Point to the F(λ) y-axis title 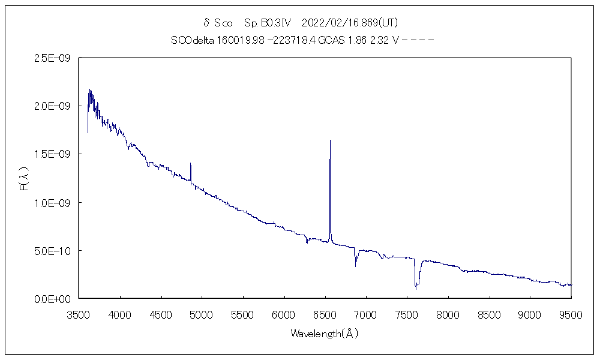(x=25, y=178)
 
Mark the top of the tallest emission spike (x=330, y=140)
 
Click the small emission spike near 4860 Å (x=191, y=164)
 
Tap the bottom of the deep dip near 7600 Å (x=416, y=289)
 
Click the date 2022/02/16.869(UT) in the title (x=350, y=23)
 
